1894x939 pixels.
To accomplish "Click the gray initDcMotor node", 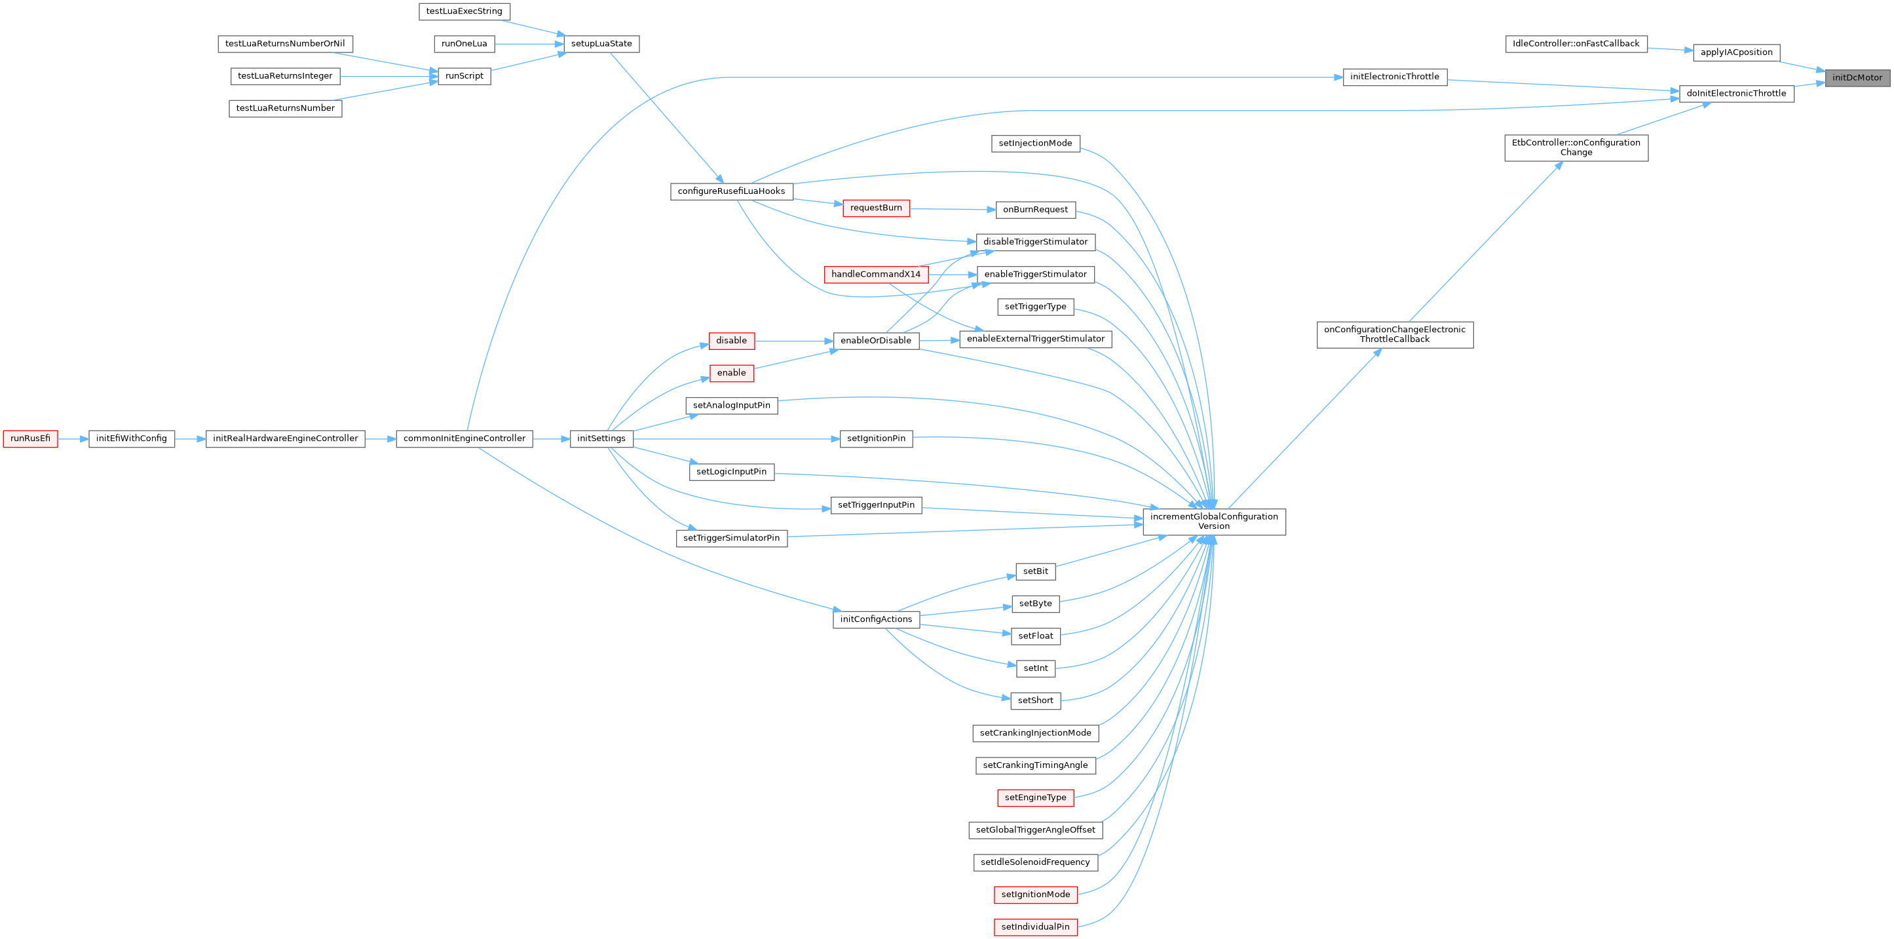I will tap(1857, 77).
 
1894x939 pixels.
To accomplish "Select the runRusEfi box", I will tap(30, 438).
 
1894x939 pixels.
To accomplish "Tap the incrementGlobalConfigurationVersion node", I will tap(1214, 522).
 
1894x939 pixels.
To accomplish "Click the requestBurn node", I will tap(876, 208).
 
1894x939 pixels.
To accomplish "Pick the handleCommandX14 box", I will tap(876, 275).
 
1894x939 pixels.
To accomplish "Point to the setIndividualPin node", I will tap(1035, 927).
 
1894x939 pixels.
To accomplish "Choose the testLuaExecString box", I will tap(464, 11).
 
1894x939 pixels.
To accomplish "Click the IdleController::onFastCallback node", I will tap(1576, 43).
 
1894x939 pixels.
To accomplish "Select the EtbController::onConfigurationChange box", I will tap(1576, 147).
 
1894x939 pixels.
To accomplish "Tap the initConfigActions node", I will tap(876, 619).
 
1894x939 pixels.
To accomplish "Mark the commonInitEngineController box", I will tap(464, 438).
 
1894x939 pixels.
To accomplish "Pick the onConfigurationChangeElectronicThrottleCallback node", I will tap(1394, 335).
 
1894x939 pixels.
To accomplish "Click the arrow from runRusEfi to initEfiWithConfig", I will tap(73, 439).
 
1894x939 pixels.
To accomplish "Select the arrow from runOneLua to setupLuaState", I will tap(529, 44).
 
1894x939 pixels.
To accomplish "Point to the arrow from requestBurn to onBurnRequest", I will tap(952, 209).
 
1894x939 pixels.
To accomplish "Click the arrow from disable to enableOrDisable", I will tap(793, 341).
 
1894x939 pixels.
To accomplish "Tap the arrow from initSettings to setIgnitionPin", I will tap(735, 439).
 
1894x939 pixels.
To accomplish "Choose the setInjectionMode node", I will tap(1035, 144).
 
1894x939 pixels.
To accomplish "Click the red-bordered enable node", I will tap(731, 373).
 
